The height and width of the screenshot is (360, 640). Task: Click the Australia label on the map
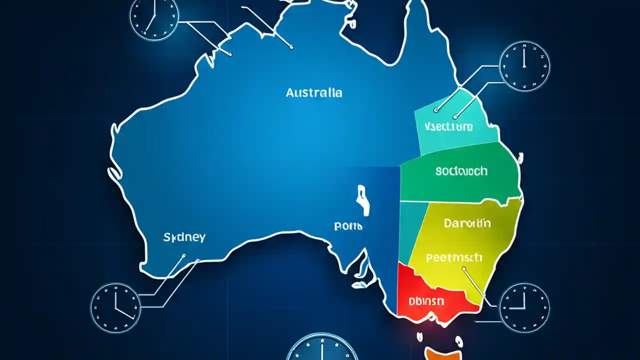314,92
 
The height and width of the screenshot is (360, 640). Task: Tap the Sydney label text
184,237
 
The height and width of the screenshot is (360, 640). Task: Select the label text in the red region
425,301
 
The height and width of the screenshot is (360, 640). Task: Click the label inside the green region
461,171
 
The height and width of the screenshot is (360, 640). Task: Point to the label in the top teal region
448,127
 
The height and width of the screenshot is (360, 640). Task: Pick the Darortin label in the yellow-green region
467,223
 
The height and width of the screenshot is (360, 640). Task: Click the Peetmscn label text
454,258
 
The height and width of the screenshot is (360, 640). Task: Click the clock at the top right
524,66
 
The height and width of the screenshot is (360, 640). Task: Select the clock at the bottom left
115,307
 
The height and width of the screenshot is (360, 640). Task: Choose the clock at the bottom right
524,307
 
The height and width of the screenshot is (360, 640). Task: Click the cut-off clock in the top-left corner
154,15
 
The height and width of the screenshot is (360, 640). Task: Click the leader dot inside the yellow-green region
463,268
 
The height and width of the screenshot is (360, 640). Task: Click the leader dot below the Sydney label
183,256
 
